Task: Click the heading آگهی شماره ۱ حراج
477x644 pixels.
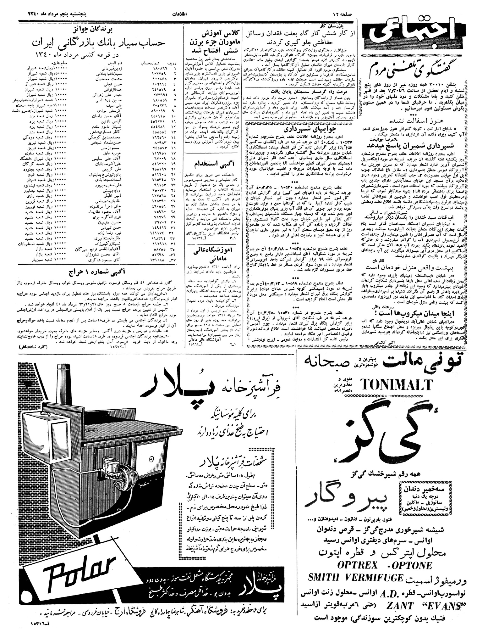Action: click(x=94, y=272)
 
